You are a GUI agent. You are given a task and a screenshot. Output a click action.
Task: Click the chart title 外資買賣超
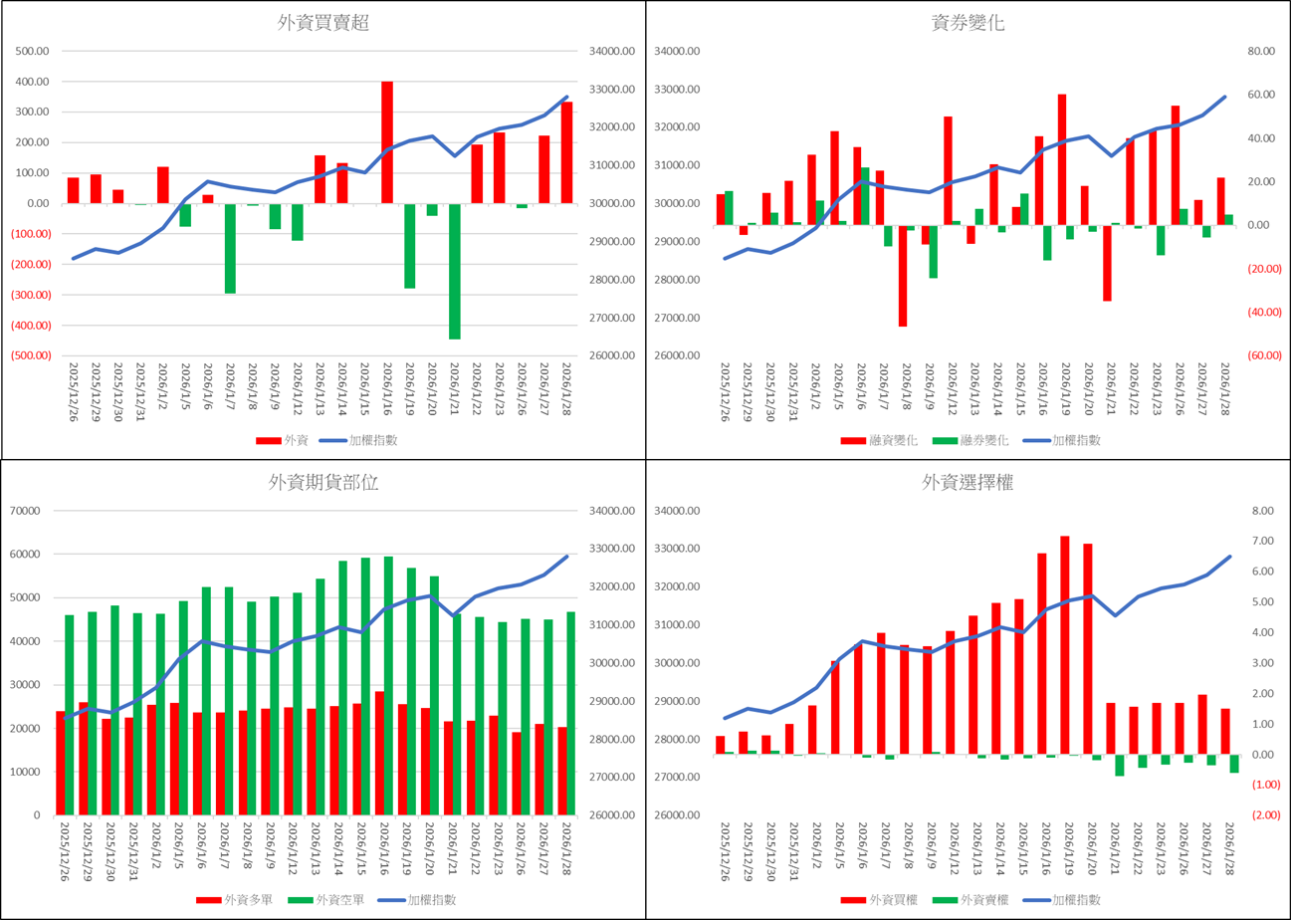323,24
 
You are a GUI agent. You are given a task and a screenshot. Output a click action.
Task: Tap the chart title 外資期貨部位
323,483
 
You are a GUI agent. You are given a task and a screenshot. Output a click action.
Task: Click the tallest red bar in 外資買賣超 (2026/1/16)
387,142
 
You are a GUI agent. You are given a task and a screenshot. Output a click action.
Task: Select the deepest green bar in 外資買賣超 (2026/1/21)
455,271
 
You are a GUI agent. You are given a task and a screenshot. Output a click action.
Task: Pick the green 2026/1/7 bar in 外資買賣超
230,248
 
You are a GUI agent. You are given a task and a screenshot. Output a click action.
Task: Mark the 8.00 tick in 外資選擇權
1261,511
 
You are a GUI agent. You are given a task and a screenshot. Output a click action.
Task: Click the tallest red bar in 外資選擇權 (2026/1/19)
1065,645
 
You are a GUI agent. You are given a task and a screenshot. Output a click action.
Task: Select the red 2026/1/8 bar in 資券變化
903,276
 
